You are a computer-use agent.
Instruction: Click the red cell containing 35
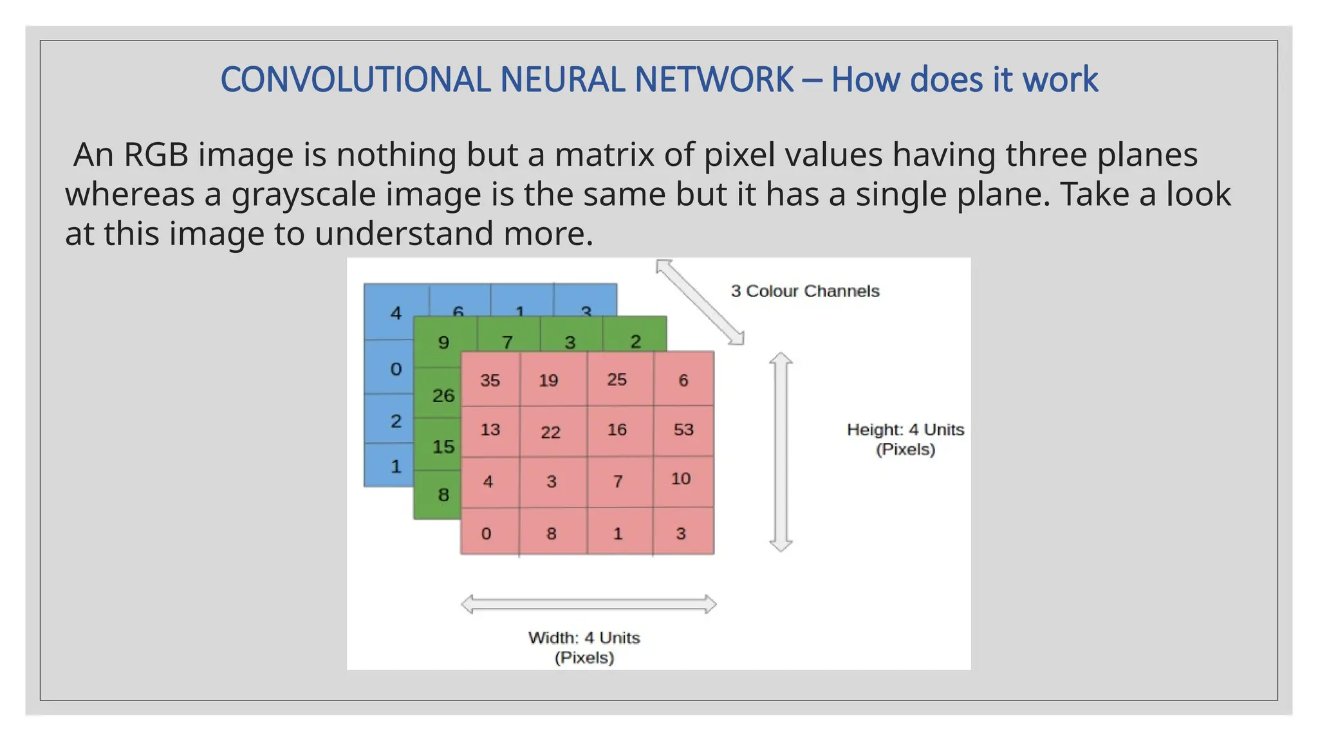coord(490,380)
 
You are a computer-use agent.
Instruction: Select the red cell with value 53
coord(683,430)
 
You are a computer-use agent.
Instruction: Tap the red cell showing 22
coord(551,432)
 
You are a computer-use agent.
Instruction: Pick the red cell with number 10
coord(682,480)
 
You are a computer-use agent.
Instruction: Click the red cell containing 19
coord(549,380)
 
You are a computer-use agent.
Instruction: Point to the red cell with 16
coord(617,430)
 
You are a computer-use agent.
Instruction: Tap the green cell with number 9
coord(444,342)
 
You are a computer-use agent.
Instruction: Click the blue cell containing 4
coord(396,313)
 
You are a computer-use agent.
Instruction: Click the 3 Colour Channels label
coord(804,291)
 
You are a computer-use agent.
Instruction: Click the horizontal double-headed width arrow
coord(589,604)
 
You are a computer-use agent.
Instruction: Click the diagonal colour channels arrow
coord(700,302)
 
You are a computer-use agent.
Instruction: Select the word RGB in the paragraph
coord(156,155)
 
